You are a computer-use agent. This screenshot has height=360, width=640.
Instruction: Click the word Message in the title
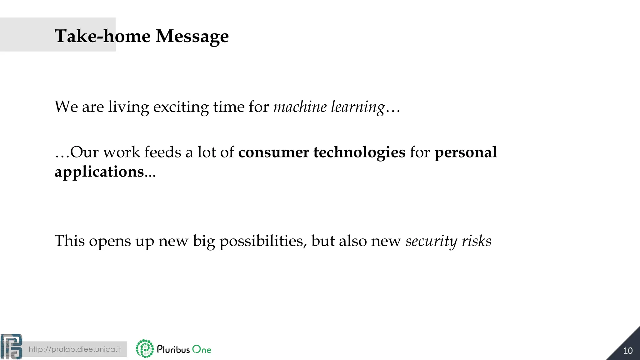click(x=192, y=36)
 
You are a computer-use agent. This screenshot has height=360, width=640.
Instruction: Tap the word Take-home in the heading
click(x=102, y=36)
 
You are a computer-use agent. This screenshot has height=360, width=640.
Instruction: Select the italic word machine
click(x=300, y=107)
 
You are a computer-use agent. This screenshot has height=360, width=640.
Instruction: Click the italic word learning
click(x=358, y=107)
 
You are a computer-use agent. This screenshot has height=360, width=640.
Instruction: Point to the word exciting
click(x=181, y=107)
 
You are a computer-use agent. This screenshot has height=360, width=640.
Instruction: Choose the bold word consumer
click(x=273, y=152)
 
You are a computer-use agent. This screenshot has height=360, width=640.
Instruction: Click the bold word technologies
click(x=359, y=152)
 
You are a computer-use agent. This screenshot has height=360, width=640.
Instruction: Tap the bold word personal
click(x=466, y=152)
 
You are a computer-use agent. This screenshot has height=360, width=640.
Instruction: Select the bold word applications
click(x=99, y=172)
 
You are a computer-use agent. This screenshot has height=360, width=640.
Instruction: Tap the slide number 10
click(x=628, y=351)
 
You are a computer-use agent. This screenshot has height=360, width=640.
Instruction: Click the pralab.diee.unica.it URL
click(x=75, y=349)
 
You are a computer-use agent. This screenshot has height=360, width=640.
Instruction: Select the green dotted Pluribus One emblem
click(x=145, y=348)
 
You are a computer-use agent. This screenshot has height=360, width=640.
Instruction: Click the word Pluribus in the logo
click(x=173, y=349)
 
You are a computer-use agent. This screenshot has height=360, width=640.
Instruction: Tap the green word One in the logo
click(x=202, y=349)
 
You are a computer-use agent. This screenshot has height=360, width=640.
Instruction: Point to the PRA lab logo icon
click(x=11, y=347)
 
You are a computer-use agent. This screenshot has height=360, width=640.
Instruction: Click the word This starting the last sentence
click(x=69, y=241)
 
